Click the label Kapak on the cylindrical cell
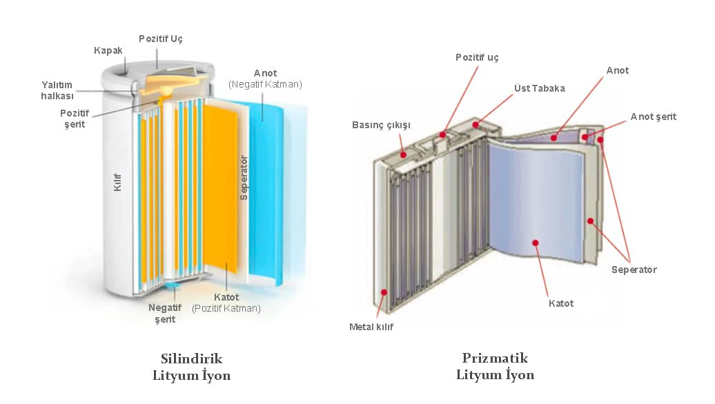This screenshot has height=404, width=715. (108, 50)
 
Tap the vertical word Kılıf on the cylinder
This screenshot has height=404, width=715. (118, 181)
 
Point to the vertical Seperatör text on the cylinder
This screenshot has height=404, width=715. (243, 178)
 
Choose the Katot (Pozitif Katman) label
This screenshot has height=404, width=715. (226, 303)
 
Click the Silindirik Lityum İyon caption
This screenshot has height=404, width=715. (191, 367)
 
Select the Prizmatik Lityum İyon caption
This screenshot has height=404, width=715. (495, 367)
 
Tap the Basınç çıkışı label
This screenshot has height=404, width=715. (381, 125)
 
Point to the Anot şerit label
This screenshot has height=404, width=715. (653, 117)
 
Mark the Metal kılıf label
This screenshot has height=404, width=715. (371, 326)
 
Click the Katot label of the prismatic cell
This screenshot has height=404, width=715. (560, 303)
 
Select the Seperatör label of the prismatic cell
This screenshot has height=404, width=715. (634, 270)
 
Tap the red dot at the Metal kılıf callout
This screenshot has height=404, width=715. (385, 292)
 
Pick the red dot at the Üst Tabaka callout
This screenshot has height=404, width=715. (476, 125)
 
